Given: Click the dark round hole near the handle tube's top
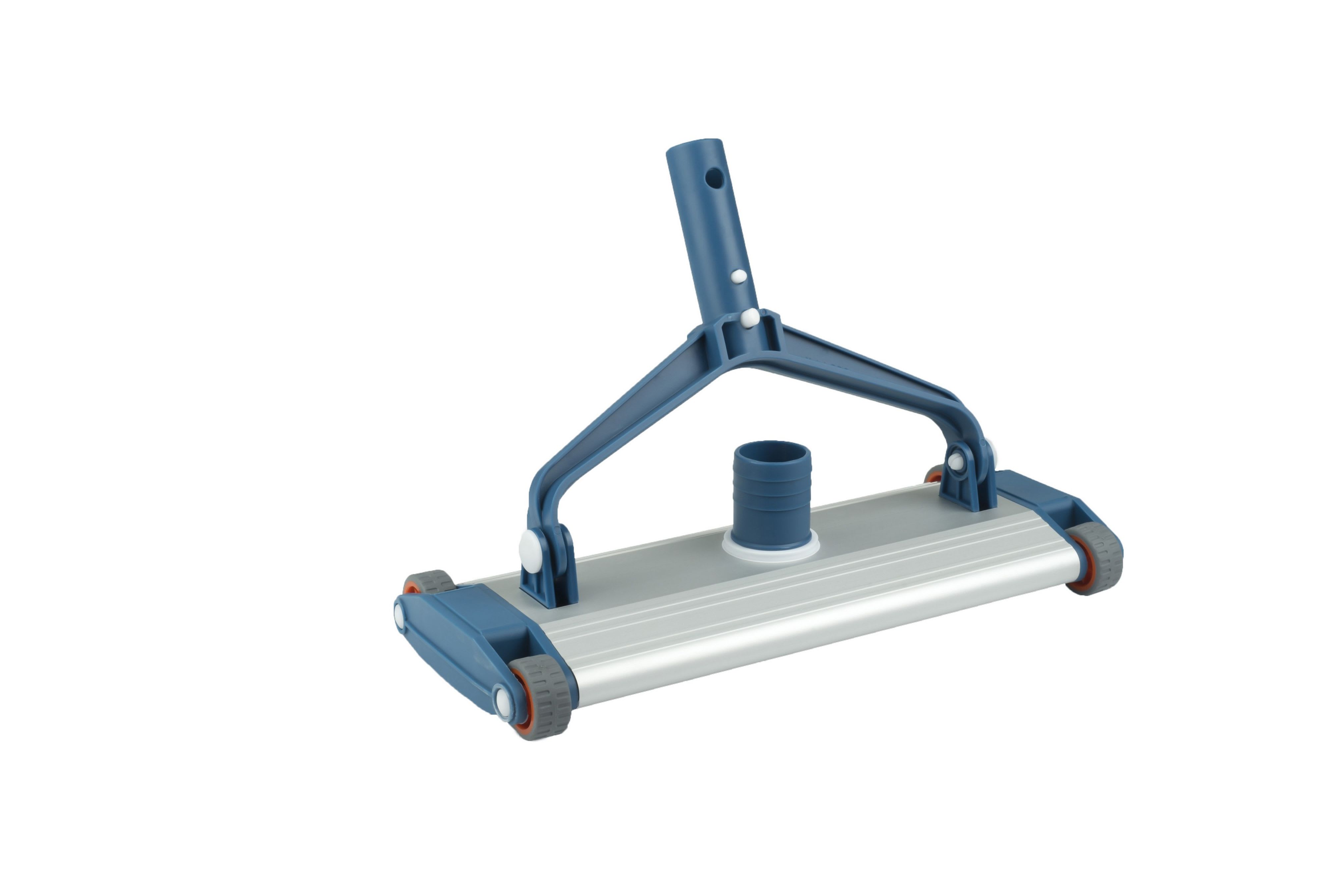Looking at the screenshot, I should tap(715, 179).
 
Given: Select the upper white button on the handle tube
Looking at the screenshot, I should tap(739, 276).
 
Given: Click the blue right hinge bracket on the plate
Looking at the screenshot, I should tap(966, 486).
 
